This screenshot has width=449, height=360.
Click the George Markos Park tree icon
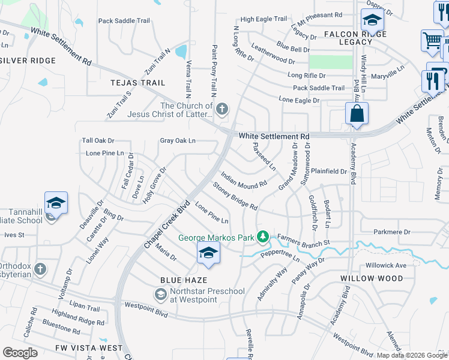(x=262, y=238)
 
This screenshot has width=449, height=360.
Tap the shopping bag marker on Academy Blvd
(x=357, y=113)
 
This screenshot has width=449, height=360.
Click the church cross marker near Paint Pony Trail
(x=222, y=109)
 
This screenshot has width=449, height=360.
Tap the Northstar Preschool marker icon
(x=160, y=294)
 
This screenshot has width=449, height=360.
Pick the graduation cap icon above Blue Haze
(x=208, y=253)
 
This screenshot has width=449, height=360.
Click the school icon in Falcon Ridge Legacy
(x=372, y=21)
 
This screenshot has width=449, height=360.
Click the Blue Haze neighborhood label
(x=184, y=280)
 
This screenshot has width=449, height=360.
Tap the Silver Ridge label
(x=28, y=61)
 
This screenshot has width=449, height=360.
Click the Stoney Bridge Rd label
(x=235, y=197)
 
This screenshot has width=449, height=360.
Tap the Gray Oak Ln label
(x=178, y=141)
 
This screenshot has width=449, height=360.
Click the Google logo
(x=20, y=353)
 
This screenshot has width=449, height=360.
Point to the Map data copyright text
(x=411, y=355)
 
